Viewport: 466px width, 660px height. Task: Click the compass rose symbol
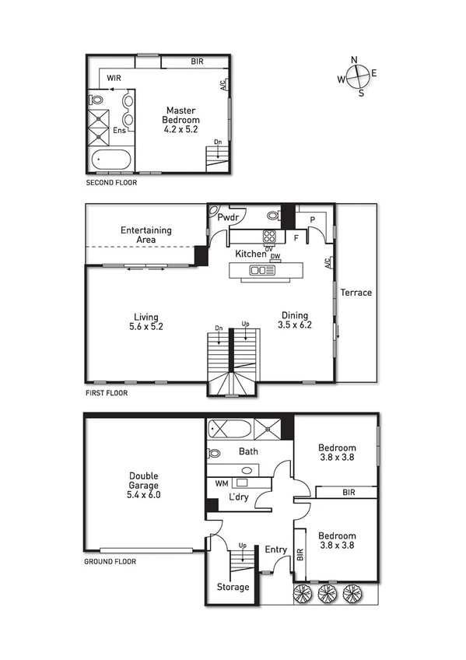pyautogui.click(x=357, y=76)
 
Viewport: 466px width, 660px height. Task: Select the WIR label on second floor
pyautogui.click(x=114, y=78)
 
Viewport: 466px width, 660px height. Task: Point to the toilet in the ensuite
pyautogui.click(x=97, y=100)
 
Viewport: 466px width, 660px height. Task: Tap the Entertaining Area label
pyautogui.click(x=145, y=235)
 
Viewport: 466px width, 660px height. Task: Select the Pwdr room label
pyautogui.click(x=227, y=218)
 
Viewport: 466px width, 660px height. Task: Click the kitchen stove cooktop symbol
pyautogui.click(x=270, y=237)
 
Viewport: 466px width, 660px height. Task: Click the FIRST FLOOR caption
pyautogui.click(x=107, y=393)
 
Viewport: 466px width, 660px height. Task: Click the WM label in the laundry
pyautogui.click(x=221, y=483)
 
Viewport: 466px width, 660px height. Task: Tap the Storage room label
pyautogui.click(x=233, y=587)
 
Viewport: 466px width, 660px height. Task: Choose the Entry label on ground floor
pyautogui.click(x=276, y=550)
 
